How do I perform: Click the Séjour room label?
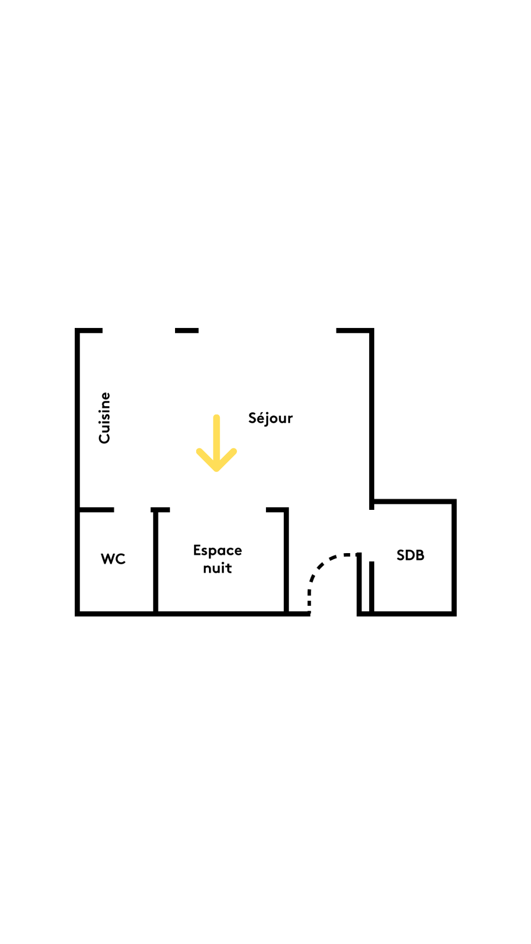270,418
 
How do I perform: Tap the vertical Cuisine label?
105,418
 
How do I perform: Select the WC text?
113,559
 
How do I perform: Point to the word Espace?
217,551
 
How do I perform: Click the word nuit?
217,568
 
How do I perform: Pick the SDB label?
411,555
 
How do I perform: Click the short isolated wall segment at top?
187,331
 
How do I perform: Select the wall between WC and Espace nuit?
155,561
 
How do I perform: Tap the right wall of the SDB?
454,558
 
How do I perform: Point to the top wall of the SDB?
413,501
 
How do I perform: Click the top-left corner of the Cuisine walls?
77,330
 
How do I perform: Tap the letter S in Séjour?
253,418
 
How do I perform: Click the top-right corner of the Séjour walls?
372,330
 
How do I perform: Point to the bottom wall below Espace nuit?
221,614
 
